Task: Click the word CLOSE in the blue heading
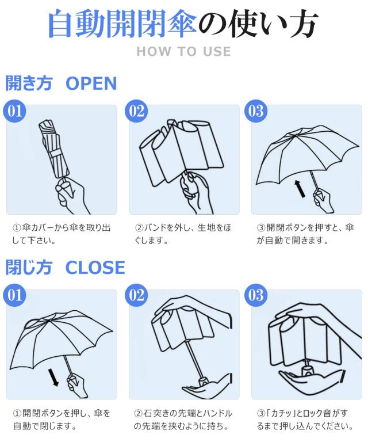click(95, 268)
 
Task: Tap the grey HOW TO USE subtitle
click(183, 51)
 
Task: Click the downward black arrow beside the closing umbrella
click(54, 377)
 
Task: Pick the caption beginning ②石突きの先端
click(183, 420)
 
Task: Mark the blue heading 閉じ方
click(29, 268)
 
